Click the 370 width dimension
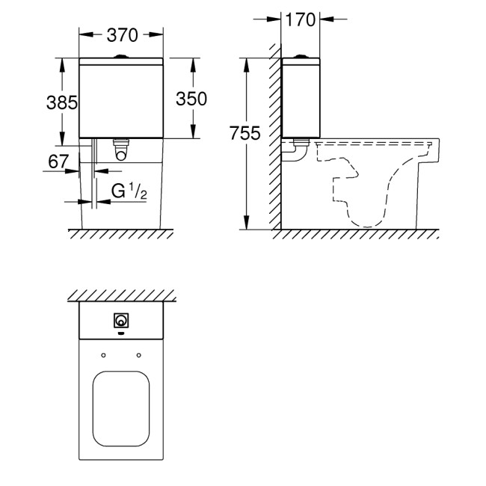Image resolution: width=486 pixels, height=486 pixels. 121,34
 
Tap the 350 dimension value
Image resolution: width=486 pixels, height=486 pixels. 191,99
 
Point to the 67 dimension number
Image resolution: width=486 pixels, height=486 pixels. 59,161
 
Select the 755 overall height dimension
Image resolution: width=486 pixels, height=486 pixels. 245,134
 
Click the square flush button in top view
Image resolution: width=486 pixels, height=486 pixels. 120,321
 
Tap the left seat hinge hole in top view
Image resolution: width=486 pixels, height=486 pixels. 103,354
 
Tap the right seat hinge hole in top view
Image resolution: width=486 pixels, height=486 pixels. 138,354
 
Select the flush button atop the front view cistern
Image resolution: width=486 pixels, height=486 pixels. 121,56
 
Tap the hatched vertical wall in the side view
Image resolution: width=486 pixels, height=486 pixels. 276,142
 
